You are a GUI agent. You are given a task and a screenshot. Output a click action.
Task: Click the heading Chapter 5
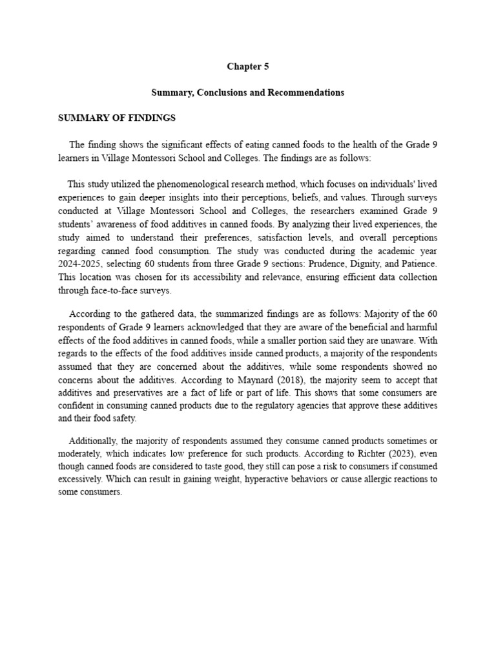247,67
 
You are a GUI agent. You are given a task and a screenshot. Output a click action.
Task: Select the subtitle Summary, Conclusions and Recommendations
247,92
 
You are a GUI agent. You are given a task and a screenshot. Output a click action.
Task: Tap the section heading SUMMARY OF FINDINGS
117,118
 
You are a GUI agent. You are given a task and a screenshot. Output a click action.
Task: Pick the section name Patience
415,264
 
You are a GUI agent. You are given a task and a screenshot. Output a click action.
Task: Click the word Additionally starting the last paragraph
94,440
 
